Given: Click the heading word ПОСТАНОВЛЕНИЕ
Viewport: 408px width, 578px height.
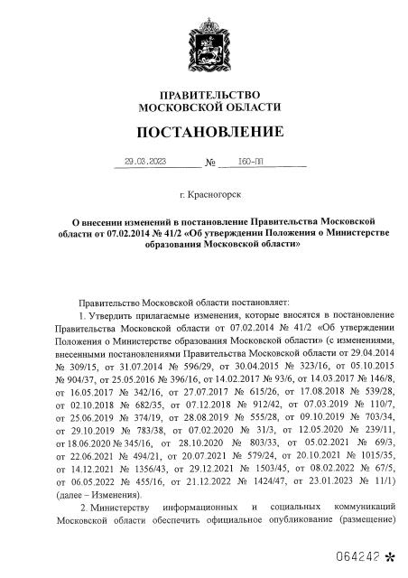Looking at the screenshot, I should click(208, 132).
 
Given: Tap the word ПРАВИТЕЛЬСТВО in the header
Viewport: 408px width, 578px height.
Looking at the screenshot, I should click(209, 95).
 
